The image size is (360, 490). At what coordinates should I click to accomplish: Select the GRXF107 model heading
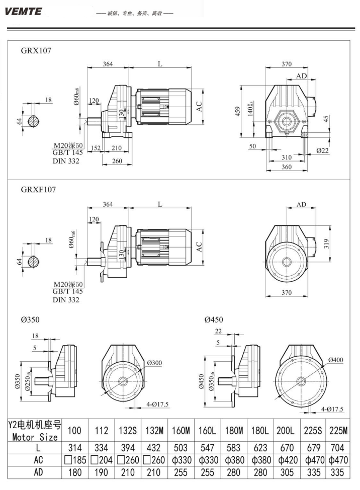pos(38,190)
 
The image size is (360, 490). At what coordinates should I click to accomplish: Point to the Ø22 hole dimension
pos(323,150)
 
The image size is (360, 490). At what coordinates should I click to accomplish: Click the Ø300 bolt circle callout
pos(155,363)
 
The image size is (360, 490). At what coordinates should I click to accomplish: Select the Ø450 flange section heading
pos(214,319)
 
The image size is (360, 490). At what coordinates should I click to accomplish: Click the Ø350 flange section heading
pos(30,319)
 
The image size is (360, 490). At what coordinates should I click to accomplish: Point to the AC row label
pos(35,460)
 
